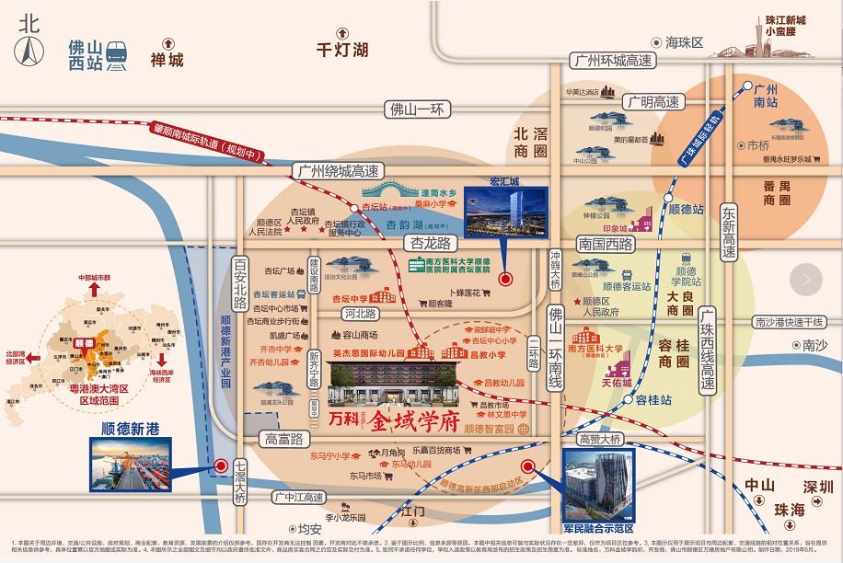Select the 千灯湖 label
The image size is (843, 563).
click(x=341, y=50)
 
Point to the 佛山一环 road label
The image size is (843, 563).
click(x=417, y=109)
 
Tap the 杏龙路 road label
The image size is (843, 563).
click(x=433, y=244)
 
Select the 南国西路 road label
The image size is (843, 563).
click(x=606, y=245)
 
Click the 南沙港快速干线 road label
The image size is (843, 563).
click(x=788, y=322)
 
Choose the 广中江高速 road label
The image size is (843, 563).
click(x=298, y=498)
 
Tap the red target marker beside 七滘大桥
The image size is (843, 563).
click(x=221, y=466)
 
